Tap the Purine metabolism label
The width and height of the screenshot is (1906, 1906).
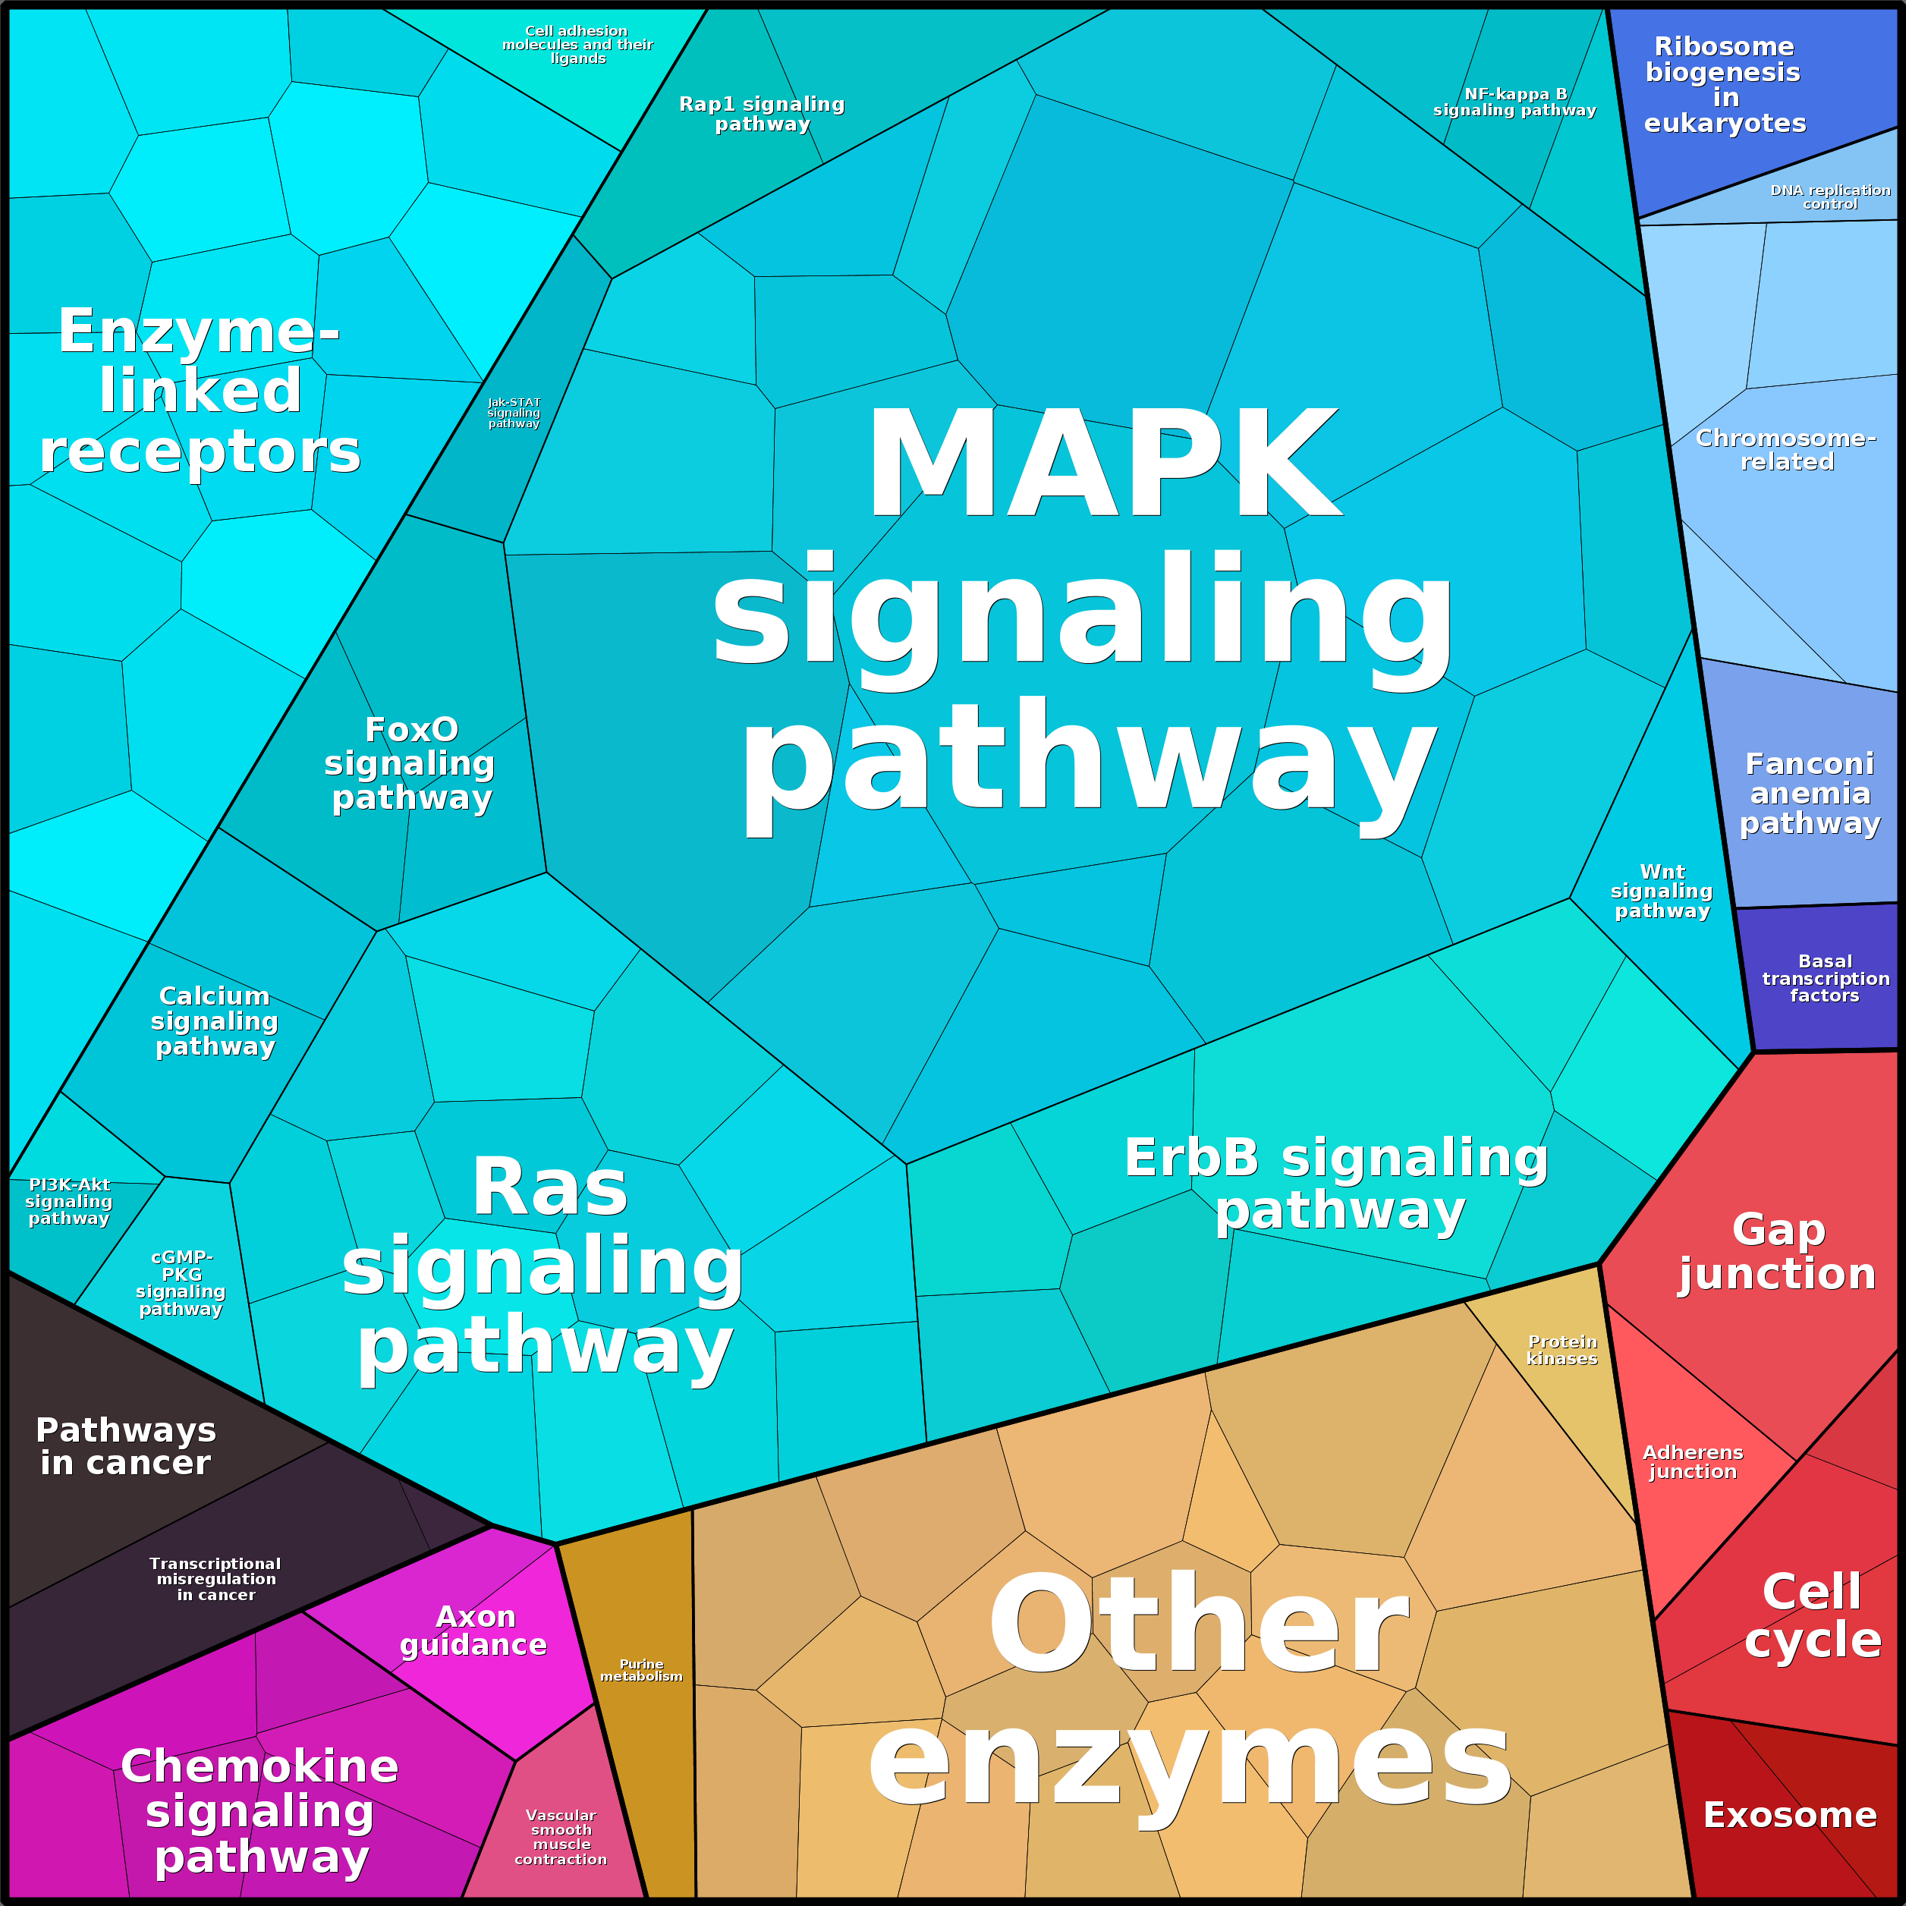click(x=641, y=1669)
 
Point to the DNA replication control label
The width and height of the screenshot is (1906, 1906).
click(x=1830, y=197)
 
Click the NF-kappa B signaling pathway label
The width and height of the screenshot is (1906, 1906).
click(x=1514, y=102)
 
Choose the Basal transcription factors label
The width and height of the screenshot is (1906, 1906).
click(x=1825, y=978)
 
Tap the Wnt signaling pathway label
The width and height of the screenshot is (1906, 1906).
click(x=1662, y=891)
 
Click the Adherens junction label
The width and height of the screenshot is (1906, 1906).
click(x=1693, y=1461)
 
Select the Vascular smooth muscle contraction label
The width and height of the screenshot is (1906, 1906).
click(x=561, y=1837)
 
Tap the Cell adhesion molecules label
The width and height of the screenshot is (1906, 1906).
click(x=577, y=45)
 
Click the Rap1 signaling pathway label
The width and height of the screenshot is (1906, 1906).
click(x=762, y=114)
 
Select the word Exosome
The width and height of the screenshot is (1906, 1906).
click(x=1790, y=1814)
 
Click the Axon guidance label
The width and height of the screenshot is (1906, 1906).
click(x=473, y=1630)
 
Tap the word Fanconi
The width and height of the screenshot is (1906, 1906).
click(x=1810, y=763)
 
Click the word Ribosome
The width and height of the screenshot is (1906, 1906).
click(x=1723, y=46)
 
